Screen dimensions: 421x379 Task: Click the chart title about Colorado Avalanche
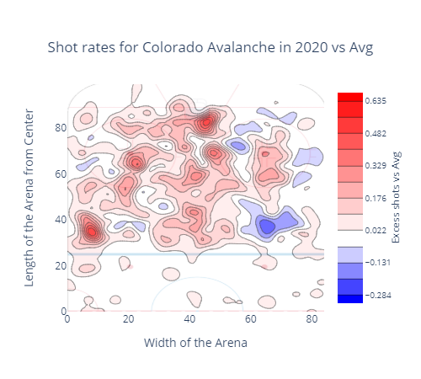210,47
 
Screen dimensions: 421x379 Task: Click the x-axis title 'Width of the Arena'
195,343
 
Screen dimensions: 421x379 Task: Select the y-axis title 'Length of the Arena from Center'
29,198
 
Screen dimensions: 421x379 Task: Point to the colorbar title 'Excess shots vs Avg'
396,197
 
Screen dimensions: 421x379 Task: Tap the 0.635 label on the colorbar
376,100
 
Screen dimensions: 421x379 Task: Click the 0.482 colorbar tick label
376,133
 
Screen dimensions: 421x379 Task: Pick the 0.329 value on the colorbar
376,166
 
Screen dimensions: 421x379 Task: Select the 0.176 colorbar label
376,199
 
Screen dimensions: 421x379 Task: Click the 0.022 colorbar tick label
376,231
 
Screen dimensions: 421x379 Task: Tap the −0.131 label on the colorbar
378,263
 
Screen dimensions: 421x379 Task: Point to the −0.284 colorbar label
378,296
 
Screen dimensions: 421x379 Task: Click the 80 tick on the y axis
61,128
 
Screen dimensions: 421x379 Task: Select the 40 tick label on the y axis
61,220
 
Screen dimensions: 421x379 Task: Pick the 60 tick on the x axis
251,319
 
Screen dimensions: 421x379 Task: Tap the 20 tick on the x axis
129,319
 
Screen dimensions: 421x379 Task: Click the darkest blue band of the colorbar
350,299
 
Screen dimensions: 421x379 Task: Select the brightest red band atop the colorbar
350,97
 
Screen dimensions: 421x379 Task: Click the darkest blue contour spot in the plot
267,227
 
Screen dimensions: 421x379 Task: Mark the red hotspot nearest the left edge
92,232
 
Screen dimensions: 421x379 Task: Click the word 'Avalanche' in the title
241,47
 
